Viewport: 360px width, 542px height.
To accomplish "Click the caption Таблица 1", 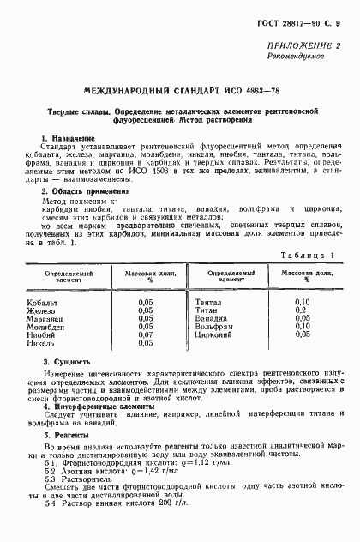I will point(306,256).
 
